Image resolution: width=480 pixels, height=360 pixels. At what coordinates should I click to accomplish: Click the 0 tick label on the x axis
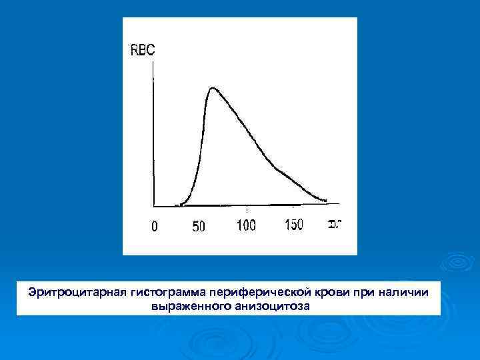pyautogui.click(x=155, y=227)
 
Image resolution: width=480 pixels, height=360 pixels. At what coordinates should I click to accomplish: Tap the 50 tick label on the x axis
pyautogui.click(x=199, y=227)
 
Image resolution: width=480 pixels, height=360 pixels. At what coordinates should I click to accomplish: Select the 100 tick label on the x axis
pyautogui.click(x=246, y=225)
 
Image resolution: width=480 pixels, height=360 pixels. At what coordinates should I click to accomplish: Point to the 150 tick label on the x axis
pyautogui.click(x=293, y=225)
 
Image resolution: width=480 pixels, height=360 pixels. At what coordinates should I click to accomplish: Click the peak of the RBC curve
pyautogui.click(x=212, y=87)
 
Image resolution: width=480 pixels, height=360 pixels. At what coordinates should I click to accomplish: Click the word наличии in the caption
pyautogui.click(x=411, y=293)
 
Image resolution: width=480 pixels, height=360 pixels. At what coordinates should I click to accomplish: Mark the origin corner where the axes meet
pyautogui.click(x=154, y=205)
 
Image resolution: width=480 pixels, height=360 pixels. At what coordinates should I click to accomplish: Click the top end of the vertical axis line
pyautogui.click(x=154, y=62)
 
